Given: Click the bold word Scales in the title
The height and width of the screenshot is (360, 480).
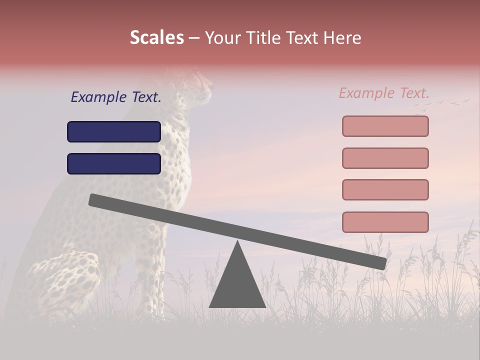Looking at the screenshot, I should (x=156, y=38).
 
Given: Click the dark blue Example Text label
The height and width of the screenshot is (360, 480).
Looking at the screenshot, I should (x=116, y=97).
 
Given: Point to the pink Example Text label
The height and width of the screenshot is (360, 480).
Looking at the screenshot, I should (x=384, y=93).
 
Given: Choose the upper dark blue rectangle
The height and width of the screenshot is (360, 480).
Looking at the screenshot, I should (x=114, y=131).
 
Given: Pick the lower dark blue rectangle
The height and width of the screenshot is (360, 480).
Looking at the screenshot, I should (x=114, y=163).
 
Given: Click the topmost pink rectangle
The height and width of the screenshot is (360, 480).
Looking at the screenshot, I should (x=385, y=126).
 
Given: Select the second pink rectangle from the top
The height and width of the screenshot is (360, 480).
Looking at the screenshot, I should (x=385, y=158).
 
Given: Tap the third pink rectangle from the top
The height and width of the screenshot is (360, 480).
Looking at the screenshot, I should (x=385, y=189).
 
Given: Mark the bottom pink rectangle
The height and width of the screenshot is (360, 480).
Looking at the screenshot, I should (x=385, y=222).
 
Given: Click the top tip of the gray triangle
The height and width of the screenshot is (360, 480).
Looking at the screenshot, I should (x=237, y=242).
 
